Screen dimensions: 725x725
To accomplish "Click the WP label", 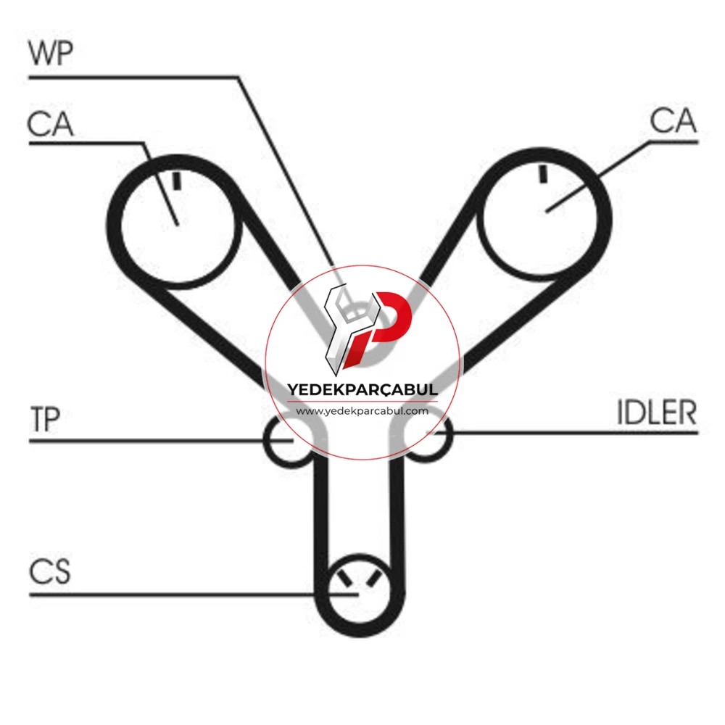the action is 51,53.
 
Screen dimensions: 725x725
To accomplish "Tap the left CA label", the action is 50,124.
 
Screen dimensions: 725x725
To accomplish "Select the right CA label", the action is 673,120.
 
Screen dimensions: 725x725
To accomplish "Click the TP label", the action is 45,419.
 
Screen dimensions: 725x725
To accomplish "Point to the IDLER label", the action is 657,413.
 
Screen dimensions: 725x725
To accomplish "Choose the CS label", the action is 50,571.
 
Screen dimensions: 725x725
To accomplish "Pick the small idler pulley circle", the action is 450,434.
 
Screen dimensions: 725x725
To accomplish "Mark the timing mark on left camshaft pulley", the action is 177,181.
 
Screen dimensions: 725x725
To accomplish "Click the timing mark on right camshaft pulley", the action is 543,173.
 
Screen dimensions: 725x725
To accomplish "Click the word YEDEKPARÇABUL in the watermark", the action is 362,390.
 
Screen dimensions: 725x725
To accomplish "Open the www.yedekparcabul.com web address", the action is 362,411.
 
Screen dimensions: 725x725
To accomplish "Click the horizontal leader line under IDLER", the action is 574,434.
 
